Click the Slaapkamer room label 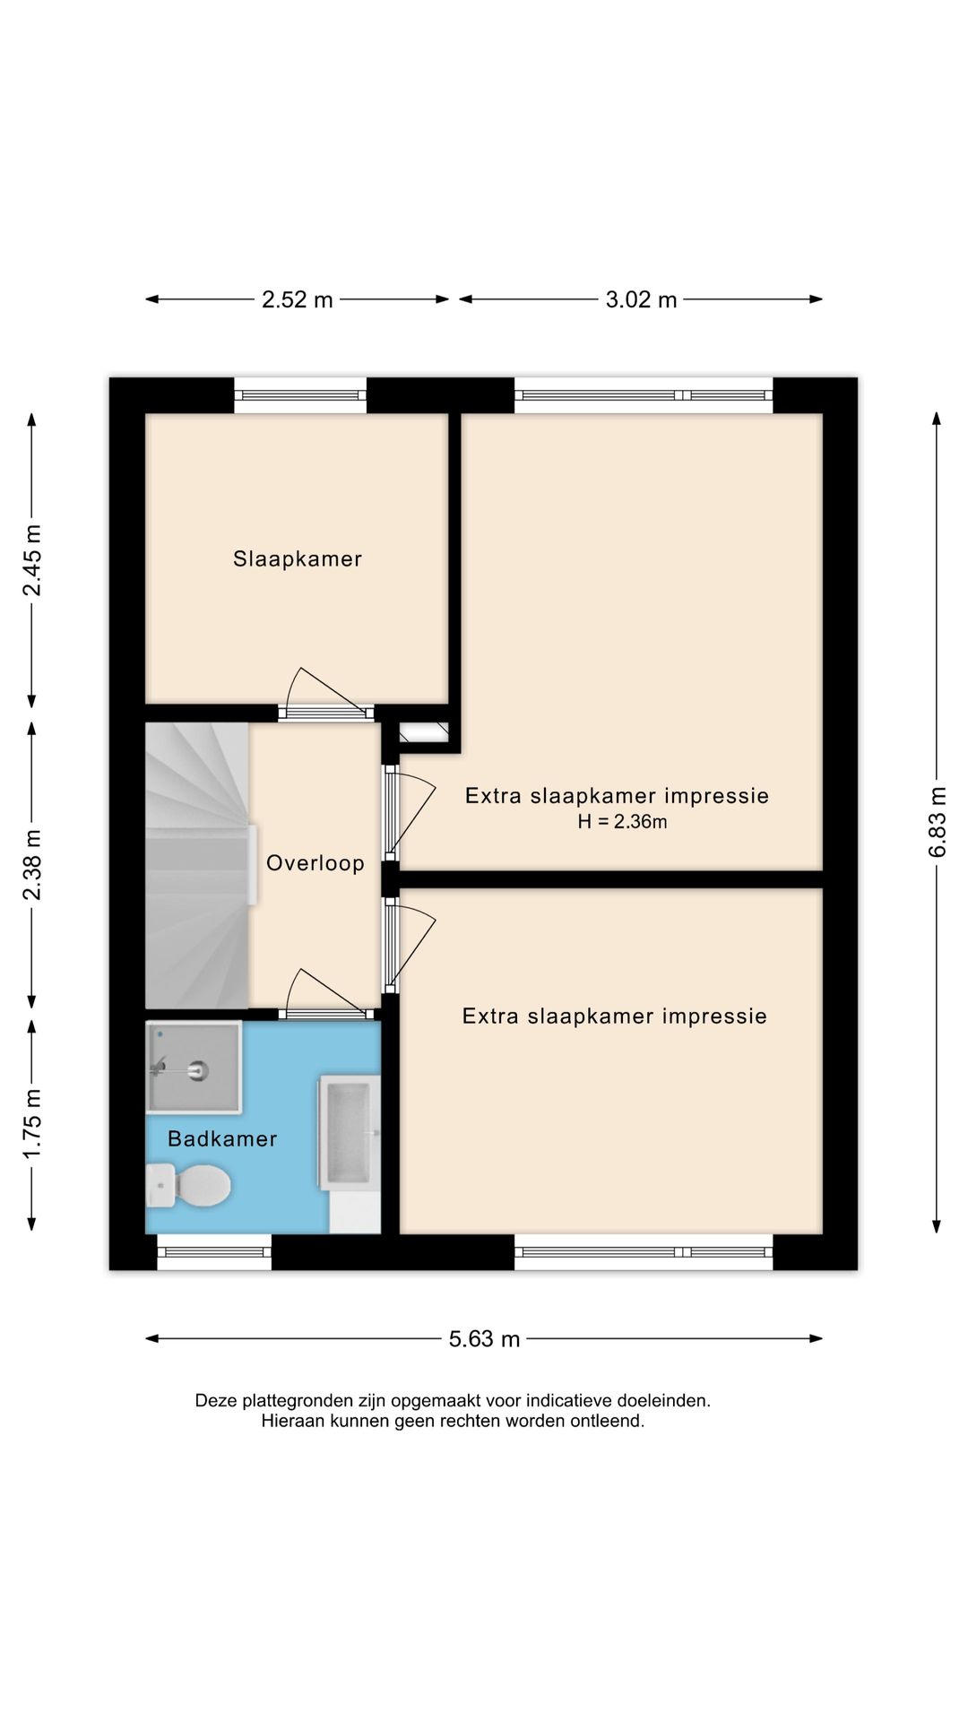pos(298,559)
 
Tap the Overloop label pos(315,863)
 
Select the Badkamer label pos(222,1138)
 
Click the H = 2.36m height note pos(622,822)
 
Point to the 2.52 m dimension pos(297,299)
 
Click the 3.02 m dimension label pos(641,299)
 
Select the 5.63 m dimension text pos(484,1339)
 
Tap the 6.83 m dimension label pos(938,822)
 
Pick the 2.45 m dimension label pos(32,560)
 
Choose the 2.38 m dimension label pos(32,865)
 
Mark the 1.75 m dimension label pos(32,1123)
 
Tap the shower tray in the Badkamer pos(194,1068)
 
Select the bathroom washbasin pos(349,1133)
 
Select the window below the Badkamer pos(214,1252)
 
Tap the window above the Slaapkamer pos(300,395)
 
